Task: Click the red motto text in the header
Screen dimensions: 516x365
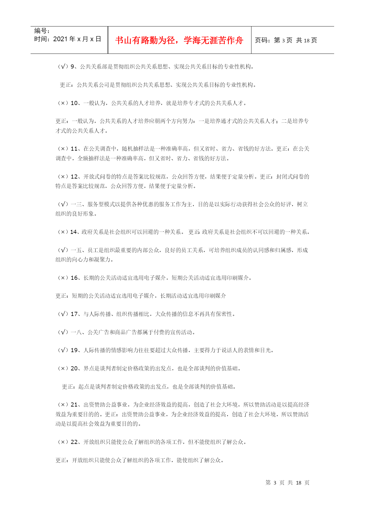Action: point(179,40)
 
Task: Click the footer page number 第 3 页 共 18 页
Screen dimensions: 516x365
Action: point(287,483)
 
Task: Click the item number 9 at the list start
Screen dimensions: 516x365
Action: point(73,67)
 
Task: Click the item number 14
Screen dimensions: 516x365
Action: point(73,232)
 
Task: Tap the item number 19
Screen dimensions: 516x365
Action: point(74,350)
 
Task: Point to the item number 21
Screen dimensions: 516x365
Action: point(74,405)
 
